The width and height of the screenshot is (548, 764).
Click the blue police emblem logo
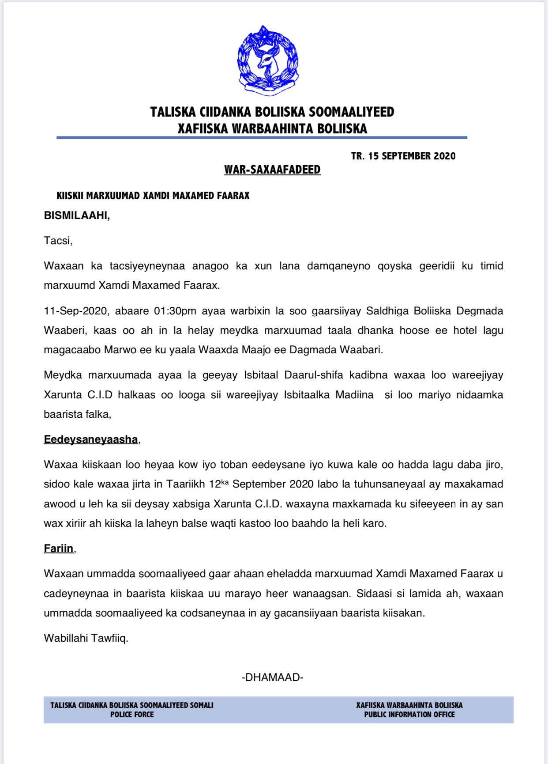coord(267,61)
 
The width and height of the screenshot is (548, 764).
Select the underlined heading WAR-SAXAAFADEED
coord(272,170)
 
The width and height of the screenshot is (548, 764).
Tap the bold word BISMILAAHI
coord(76,216)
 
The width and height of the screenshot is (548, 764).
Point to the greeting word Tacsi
coord(57,241)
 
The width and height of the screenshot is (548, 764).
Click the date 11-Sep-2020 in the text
coord(75,311)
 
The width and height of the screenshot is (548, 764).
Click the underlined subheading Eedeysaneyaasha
coord(91,439)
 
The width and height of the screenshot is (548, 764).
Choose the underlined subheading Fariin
coord(59,548)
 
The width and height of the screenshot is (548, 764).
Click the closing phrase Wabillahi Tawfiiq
coord(86,638)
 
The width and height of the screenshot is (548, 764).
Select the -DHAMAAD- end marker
coord(272,677)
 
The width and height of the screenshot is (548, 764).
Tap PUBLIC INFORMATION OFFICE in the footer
coord(409,715)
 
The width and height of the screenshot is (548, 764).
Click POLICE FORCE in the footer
coord(132,715)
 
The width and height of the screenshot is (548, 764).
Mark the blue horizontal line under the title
coord(262,138)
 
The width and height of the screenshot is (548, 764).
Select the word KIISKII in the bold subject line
coord(70,196)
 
